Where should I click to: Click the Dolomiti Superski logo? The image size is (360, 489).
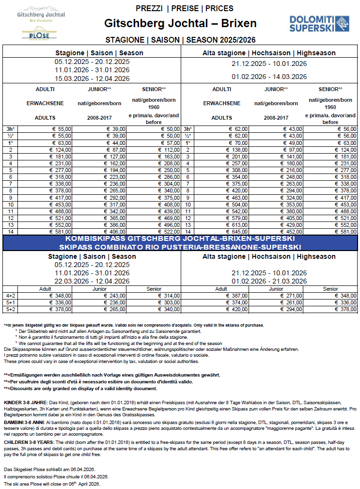point(319,23)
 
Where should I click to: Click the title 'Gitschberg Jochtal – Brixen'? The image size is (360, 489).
point(180,24)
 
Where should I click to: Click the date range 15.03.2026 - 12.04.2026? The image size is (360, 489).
point(92,79)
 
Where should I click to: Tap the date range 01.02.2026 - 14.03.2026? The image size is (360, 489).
point(269,77)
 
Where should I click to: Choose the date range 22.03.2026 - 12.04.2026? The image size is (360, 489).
point(92,281)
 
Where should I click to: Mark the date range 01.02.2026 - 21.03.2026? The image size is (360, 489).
point(269,281)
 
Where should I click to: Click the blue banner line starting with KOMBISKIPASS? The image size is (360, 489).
point(180,239)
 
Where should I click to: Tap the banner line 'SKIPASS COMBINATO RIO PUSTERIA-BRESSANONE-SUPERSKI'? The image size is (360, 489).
point(180,247)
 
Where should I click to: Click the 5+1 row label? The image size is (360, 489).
point(11,302)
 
